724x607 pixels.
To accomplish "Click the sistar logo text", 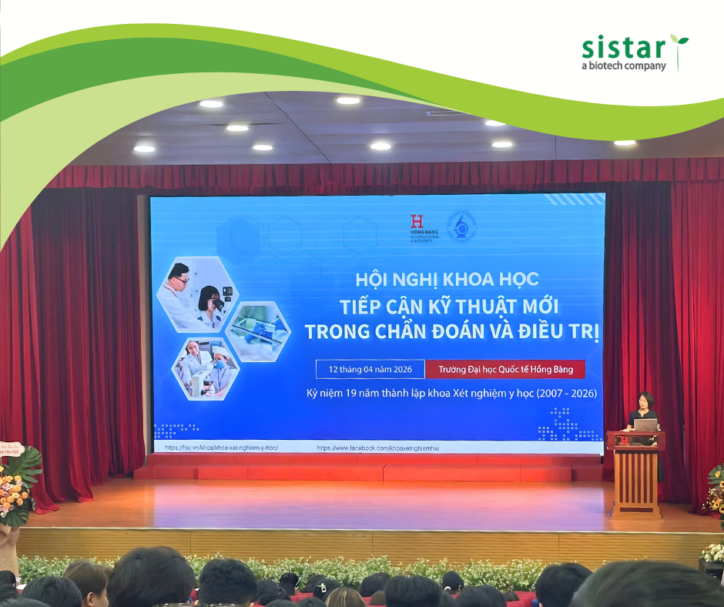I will click(622, 49).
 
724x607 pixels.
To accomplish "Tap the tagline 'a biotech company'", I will click(623, 66).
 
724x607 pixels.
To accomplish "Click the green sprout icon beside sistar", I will click(679, 49).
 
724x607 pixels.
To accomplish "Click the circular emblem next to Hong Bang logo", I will click(461, 227).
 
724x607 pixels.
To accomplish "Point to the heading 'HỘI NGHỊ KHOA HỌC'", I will click(447, 278).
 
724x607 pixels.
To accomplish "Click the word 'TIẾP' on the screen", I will click(359, 306).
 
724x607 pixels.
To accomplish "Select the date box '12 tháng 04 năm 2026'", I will click(370, 369).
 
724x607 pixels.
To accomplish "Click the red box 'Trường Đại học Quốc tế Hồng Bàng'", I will click(505, 369).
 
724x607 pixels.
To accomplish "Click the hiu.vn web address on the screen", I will click(220, 448).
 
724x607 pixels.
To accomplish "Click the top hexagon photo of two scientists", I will click(197, 293).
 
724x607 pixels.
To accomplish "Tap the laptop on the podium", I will click(645, 424).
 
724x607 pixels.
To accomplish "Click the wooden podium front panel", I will click(636, 478).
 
